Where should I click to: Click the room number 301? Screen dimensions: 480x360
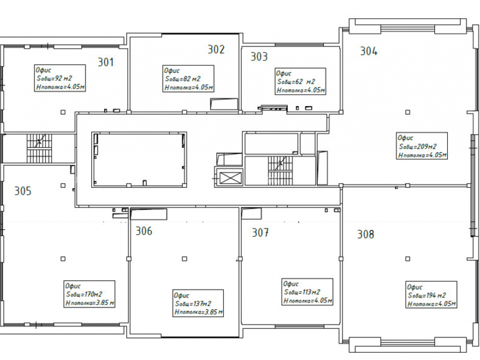[x=106, y=62]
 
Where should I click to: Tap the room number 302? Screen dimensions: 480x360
[x=216, y=49]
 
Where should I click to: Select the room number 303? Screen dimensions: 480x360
[x=259, y=57]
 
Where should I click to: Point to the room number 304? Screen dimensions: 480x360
[x=369, y=51]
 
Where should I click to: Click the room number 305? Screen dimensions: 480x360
[x=23, y=191]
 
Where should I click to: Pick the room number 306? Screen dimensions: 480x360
[x=144, y=231]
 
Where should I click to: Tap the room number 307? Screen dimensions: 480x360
[x=260, y=233]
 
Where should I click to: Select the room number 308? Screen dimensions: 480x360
[x=366, y=235]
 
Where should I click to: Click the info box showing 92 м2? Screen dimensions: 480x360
[x=60, y=78]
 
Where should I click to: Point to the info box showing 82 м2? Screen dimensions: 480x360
[x=188, y=79]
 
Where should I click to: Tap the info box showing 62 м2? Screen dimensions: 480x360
[x=300, y=82]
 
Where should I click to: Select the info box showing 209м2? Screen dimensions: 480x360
[x=422, y=146]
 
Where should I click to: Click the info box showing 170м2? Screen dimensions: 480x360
[x=89, y=294]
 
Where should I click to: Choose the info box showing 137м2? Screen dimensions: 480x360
[x=198, y=303]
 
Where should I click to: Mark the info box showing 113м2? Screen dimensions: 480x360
[x=307, y=292]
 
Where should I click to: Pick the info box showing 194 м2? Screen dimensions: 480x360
[x=432, y=295]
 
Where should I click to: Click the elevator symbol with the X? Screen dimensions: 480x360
[x=231, y=178]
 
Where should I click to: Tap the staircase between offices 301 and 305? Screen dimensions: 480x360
[x=39, y=148]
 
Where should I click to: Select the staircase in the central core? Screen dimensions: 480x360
[x=280, y=170]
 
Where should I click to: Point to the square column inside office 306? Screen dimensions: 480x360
[x=184, y=259]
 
